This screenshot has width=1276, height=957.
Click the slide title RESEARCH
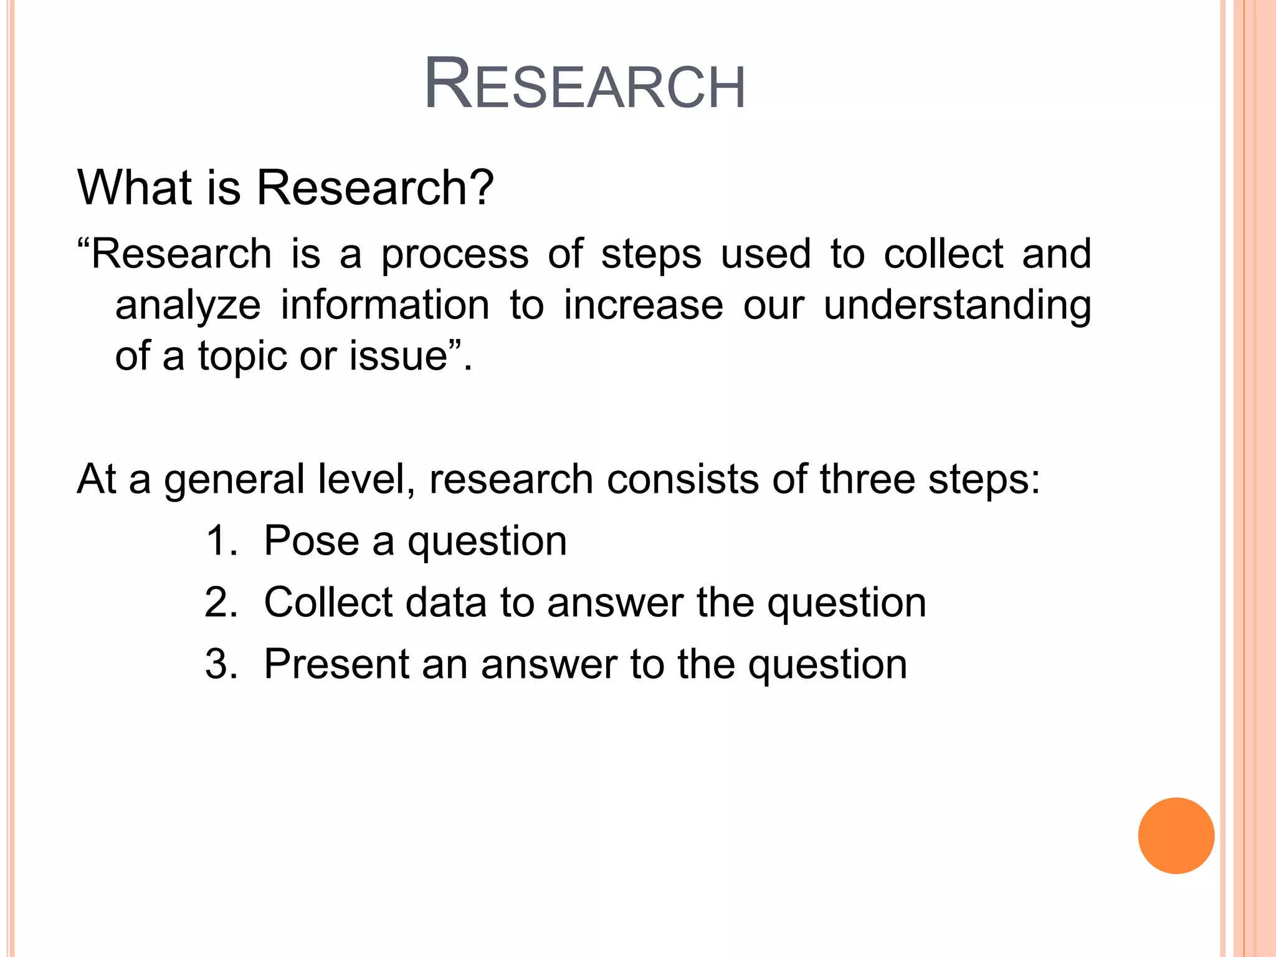pos(584,85)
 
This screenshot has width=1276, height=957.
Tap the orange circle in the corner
pos(1176,836)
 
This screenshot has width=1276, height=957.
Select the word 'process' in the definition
pos(455,255)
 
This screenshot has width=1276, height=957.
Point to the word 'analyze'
pos(188,307)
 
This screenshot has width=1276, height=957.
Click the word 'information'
pos(385,305)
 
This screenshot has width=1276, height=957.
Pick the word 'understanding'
pos(957,307)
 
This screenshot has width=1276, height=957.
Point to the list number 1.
pos(219,541)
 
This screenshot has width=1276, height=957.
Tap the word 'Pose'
pos(312,541)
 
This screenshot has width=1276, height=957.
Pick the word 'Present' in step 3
pos(336,664)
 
